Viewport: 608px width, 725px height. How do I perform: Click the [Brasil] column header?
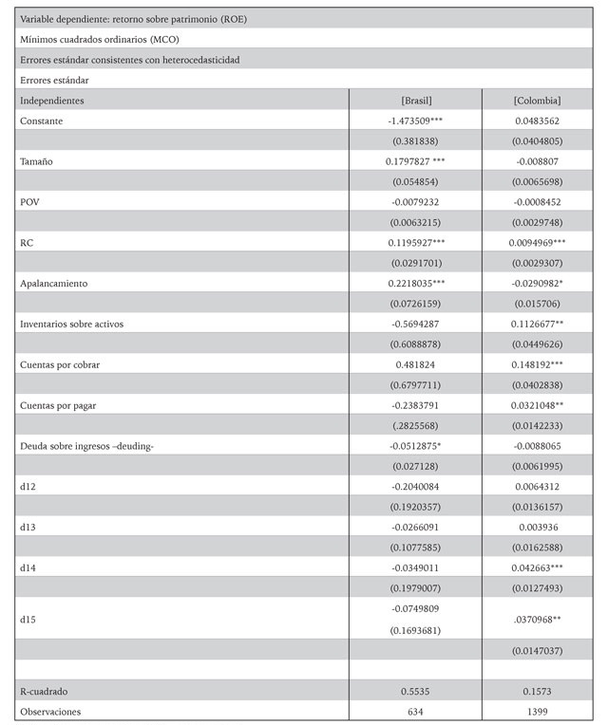[416, 100]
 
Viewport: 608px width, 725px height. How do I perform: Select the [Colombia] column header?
[537, 100]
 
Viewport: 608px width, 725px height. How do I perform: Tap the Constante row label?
[43, 121]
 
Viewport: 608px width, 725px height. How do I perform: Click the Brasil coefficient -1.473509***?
[416, 121]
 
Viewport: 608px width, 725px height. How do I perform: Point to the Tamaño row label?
[37, 161]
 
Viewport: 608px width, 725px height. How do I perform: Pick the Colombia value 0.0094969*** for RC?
[537, 243]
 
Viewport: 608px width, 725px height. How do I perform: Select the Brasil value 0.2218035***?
[416, 283]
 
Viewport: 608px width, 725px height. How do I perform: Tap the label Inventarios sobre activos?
[72, 324]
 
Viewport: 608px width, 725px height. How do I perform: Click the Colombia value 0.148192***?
[537, 364]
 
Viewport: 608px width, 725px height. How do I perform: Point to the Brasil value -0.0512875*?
[416, 446]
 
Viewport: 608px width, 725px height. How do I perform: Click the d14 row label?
[28, 567]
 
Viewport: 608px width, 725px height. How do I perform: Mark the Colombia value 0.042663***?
[537, 567]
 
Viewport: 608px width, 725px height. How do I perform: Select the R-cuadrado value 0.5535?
[416, 691]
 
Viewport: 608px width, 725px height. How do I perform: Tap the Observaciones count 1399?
[537, 711]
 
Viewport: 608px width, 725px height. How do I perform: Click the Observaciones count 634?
[416, 711]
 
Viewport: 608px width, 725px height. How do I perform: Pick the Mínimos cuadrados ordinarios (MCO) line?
[99, 39]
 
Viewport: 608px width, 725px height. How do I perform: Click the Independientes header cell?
[52, 100]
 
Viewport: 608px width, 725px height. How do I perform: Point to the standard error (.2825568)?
[416, 425]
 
